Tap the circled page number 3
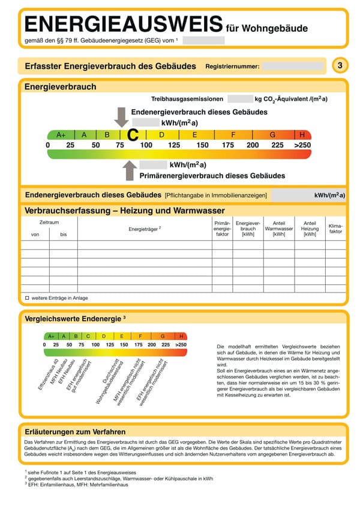tap(340, 65)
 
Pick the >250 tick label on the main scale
tap(302, 145)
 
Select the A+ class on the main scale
tap(61, 135)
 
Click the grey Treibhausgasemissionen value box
tap(239, 99)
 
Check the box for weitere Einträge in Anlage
tap(27, 297)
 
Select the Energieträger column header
tap(145, 229)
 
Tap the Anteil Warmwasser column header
tap(278, 228)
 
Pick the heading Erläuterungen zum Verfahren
tap(75, 431)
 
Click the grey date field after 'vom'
tap(203, 40)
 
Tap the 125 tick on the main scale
tap(174, 145)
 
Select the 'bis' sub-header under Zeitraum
tap(64, 234)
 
